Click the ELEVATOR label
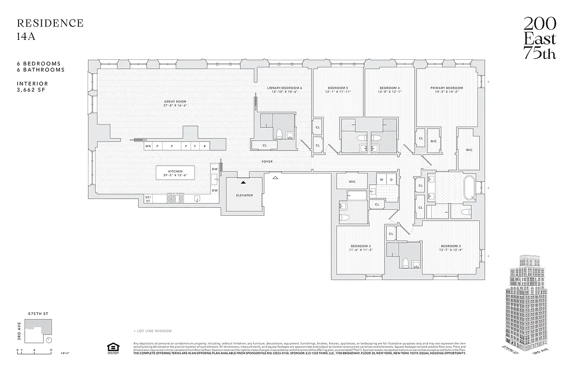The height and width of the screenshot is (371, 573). click(244, 195)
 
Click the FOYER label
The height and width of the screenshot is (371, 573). click(267, 161)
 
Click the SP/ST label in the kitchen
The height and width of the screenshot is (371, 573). click(148, 199)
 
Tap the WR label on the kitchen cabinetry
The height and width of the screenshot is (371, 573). click(148, 146)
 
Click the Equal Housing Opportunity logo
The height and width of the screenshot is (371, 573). click(112, 348)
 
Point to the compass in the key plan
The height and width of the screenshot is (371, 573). click(49, 340)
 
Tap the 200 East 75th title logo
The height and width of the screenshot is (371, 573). click(539, 38)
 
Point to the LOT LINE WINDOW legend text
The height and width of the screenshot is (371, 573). click(153, 331)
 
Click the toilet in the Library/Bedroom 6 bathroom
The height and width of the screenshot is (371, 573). click(280, 134)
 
